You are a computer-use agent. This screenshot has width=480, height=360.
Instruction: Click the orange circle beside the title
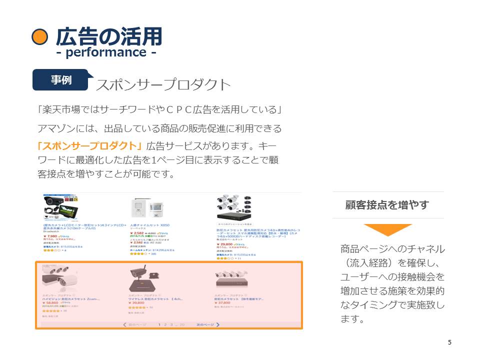tap(39, 37)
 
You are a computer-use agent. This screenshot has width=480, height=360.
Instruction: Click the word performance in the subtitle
tap(106, 52)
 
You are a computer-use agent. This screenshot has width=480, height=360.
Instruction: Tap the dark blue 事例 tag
tap(61, 80)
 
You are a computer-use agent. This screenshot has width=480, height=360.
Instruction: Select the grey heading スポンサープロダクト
tap(163, 84)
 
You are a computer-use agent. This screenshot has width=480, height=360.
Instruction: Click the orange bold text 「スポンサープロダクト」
tap(90, 146)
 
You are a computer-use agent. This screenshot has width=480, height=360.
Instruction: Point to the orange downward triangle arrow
tap(388, 229)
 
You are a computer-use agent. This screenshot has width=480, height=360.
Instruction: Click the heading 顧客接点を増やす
tap(387, 205)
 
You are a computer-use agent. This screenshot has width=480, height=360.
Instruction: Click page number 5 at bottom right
tap(449, 342)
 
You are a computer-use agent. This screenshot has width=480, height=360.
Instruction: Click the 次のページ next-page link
tap(206, 325)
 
